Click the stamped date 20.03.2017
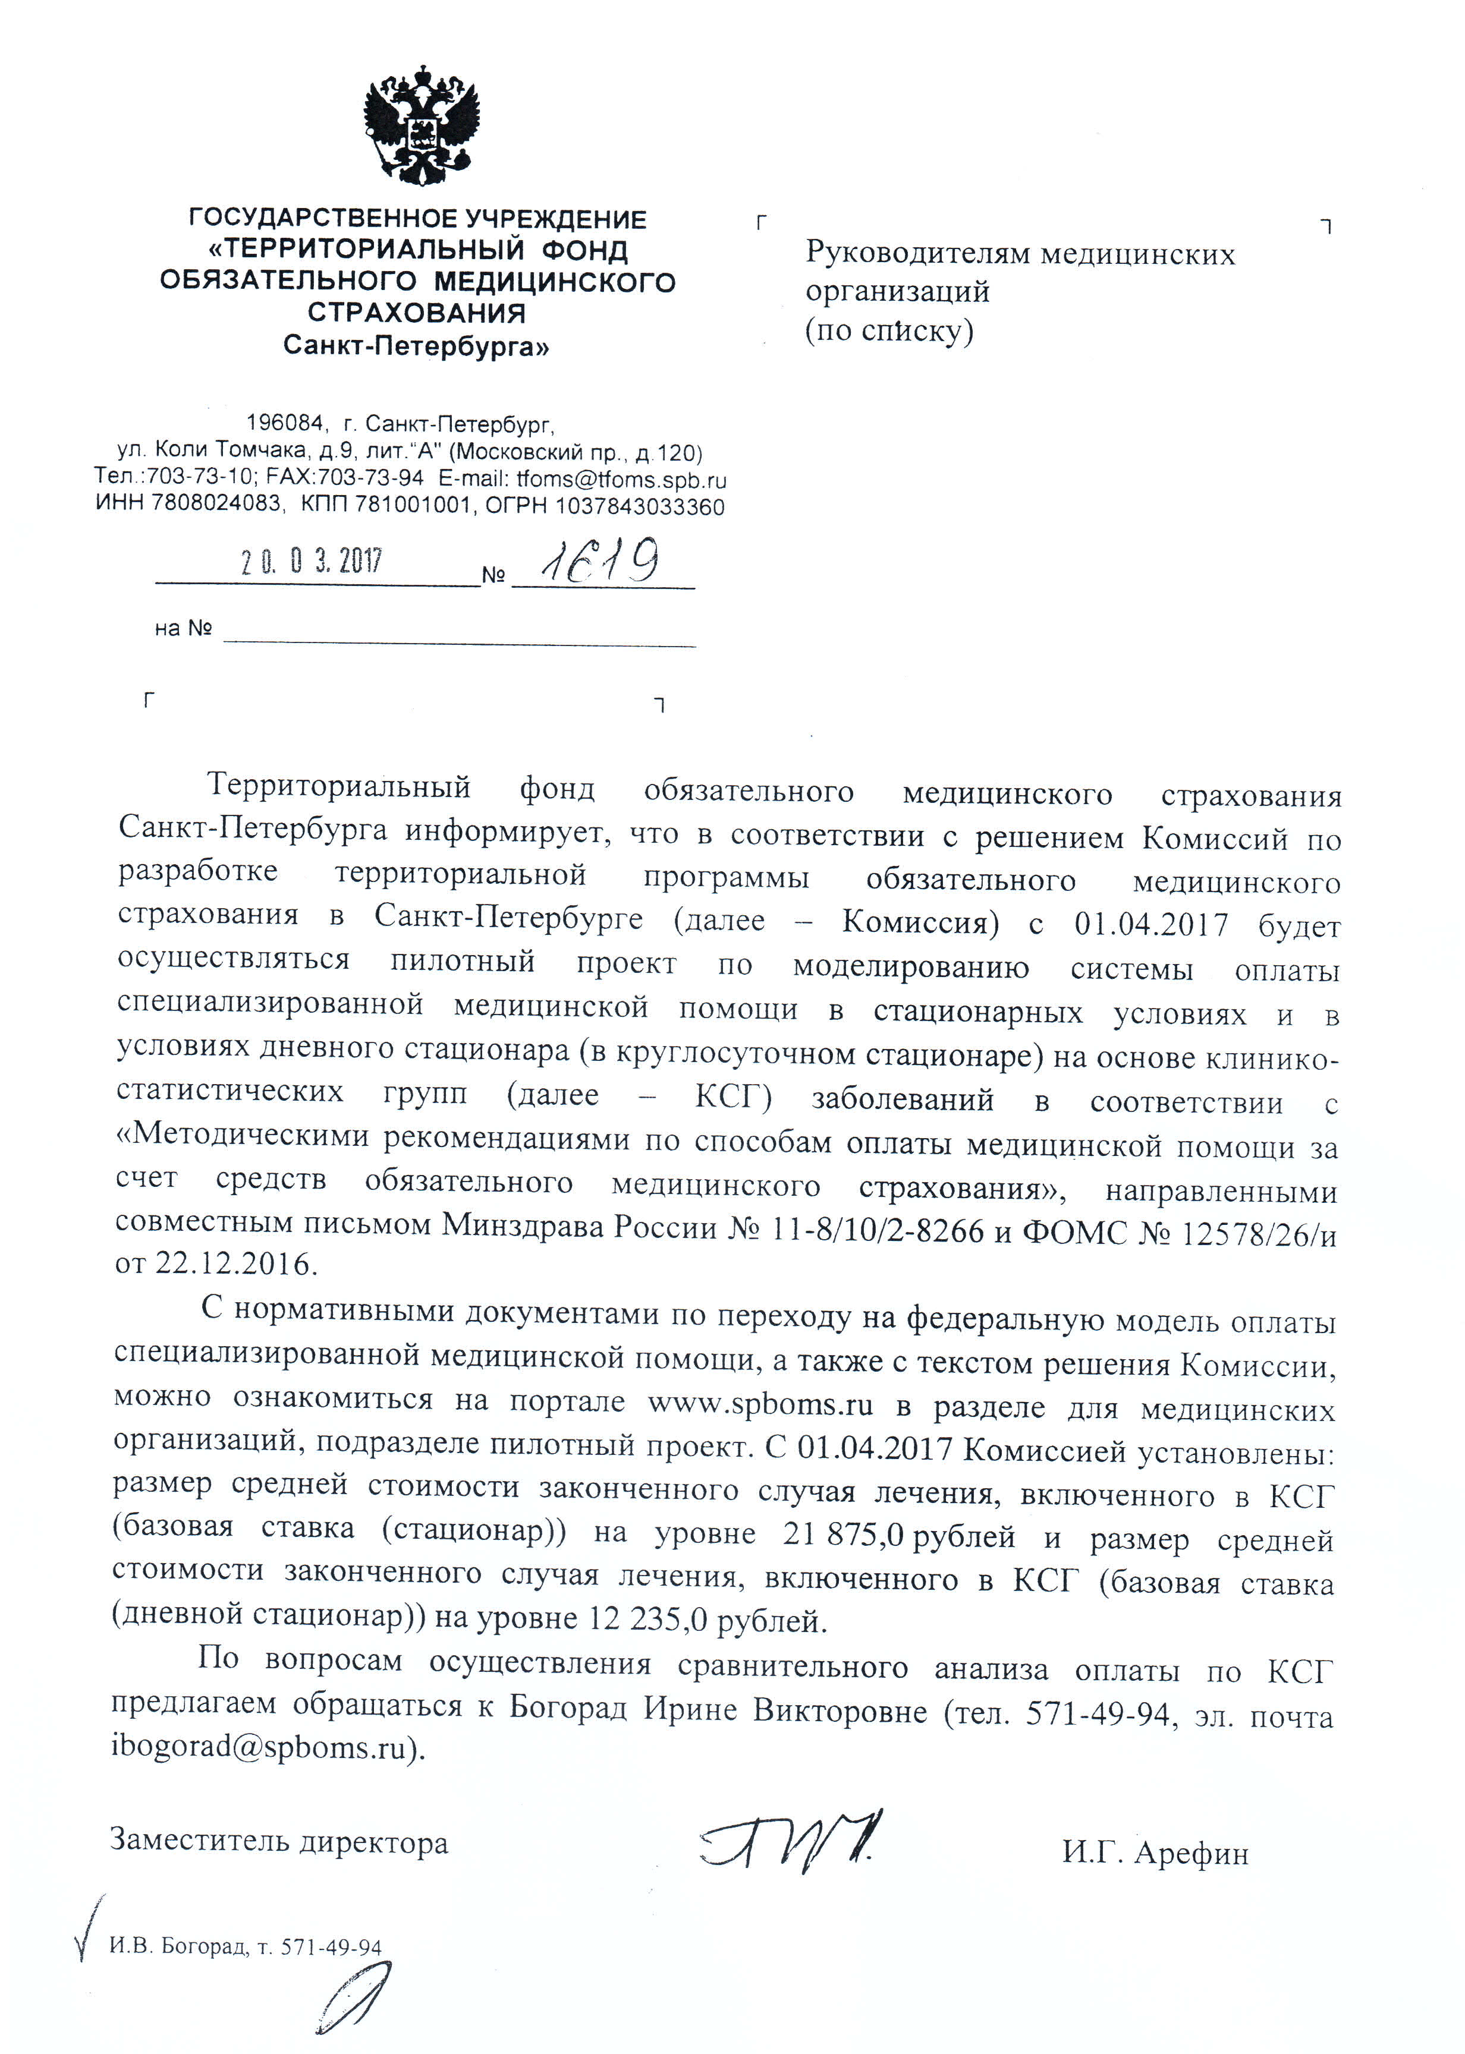(x=311, y=562)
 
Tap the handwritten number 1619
(x=600, y=561)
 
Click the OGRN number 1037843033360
(x=640, y=506)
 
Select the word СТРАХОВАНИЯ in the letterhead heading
(x=417, y=313)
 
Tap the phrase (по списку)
(x=889, y=331)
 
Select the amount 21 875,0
(x=844, y=1535)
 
